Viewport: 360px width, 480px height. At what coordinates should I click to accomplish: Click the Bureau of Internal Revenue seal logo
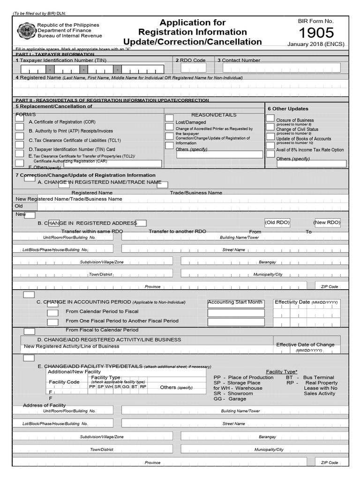click(26, 30)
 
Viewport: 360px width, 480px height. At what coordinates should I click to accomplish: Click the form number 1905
click(316, 32)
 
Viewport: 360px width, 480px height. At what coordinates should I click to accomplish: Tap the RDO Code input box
click(193, 68)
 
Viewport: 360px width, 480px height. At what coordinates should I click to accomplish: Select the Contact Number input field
click(281, 68)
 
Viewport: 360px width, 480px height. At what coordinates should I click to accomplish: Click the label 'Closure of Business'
click(295, 120)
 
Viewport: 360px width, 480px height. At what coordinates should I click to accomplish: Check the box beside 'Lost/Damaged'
click(169, 118)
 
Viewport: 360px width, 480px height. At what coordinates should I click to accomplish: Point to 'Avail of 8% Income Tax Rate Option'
click(310, 150)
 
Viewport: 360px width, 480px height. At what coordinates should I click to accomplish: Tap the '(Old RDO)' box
click(277, 222)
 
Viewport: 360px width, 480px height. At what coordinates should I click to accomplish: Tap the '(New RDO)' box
click(327, 222)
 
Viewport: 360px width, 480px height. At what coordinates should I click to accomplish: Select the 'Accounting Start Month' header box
click(235, 303)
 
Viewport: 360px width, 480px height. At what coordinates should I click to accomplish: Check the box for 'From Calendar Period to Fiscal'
click(53, 313)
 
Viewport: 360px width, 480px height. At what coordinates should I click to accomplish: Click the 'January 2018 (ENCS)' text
click(316, 45)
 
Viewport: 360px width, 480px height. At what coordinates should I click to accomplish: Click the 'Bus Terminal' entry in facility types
click(319, 377)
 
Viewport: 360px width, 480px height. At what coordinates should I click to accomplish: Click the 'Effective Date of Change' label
click(305, 345)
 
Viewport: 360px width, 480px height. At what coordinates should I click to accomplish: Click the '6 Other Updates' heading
click(288, 109)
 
